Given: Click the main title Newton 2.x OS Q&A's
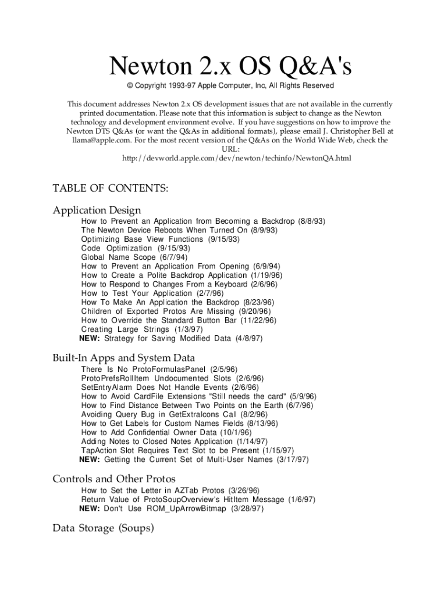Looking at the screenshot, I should point(230,69).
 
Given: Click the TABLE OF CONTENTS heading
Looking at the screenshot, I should point(111,188).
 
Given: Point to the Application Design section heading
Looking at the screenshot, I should point(97,210).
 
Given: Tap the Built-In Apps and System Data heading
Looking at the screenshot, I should point(123,357).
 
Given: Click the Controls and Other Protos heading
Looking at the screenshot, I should point(114,479).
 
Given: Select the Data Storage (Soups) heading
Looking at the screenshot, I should point(103,528).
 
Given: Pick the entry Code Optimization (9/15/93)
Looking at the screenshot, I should point(127,248).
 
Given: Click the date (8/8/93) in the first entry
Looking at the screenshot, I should point(311,221).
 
